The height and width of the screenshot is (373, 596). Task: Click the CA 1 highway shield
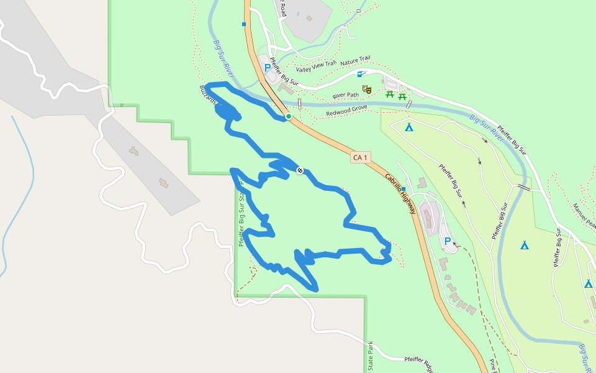click(360, 157)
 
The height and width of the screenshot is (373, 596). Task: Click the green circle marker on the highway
click(289, 116)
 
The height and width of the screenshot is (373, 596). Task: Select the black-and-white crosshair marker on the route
click(300, 170)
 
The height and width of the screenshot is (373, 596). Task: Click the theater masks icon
click(367, 90)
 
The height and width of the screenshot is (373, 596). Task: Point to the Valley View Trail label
click(316, 67)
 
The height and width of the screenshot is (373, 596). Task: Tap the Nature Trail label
click(355, 61)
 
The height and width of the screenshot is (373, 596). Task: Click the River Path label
click(346, 95)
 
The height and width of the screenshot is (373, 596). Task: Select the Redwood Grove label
click(346, 111)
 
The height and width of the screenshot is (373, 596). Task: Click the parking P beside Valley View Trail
click(268, 68)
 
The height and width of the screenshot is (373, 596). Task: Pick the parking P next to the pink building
click(447, 241)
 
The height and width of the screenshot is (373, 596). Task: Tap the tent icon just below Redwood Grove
click(409, 127)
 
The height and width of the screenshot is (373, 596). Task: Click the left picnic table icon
click(390, 94)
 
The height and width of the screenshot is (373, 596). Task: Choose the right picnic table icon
click(402, 96)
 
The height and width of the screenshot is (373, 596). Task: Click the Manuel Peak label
click(584, 215)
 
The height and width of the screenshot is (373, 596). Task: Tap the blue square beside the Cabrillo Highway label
click(404, 189)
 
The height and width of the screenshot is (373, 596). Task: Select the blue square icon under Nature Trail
click(359, 74)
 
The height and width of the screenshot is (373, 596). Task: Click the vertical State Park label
click(370, 356)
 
